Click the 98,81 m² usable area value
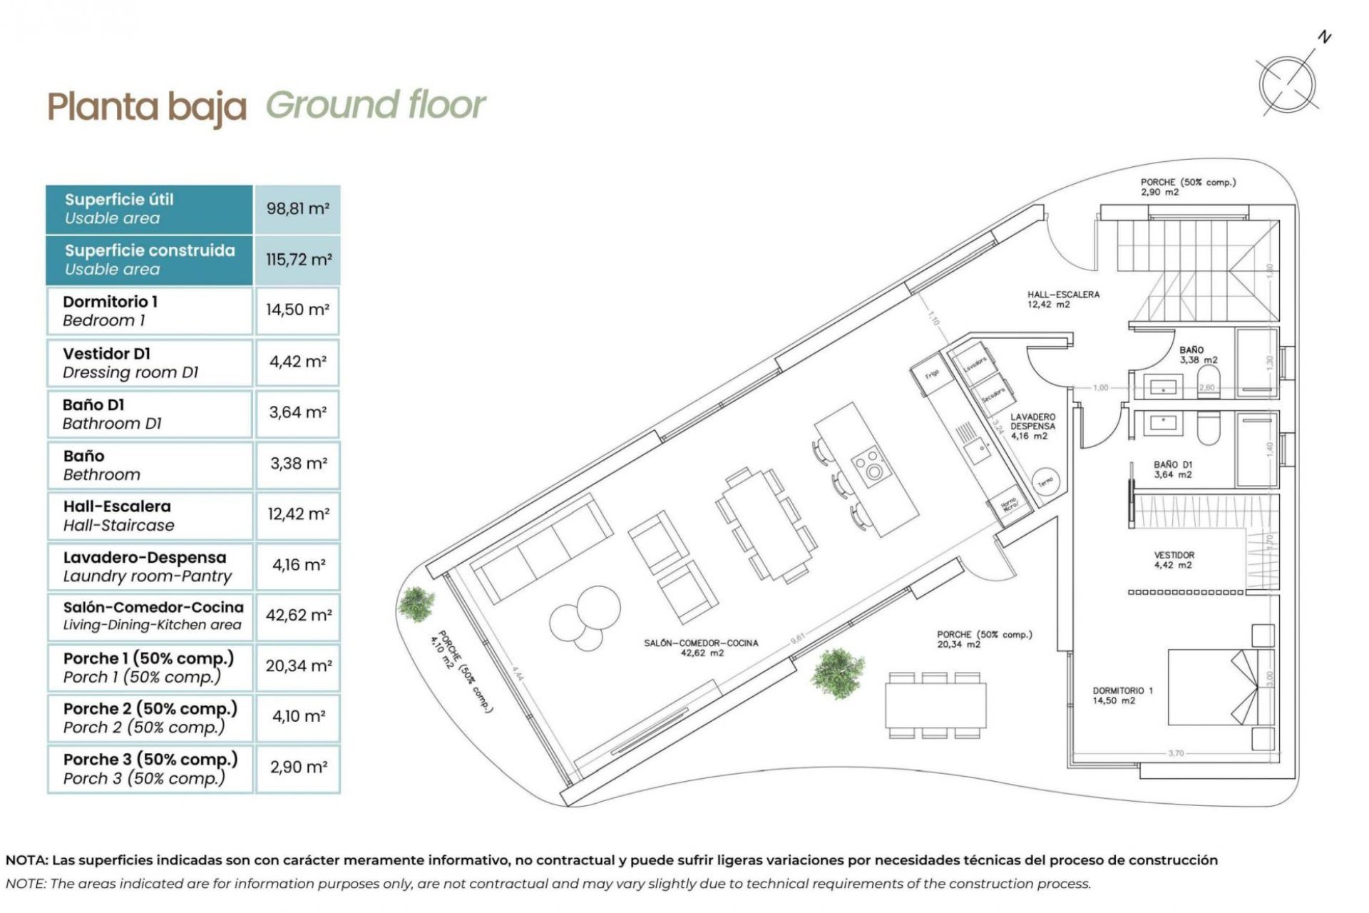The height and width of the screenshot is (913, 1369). pos(297,209)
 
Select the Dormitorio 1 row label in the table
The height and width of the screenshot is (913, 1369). pos(110,302)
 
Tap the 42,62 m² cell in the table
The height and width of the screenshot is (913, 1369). pos(298,615)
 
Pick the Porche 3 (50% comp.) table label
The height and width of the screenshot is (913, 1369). pos(150,760)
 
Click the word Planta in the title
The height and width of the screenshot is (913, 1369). pos(103,107)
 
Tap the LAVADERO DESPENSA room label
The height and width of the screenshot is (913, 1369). pos(1032,426)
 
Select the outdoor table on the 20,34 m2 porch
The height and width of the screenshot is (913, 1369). pos(935,705)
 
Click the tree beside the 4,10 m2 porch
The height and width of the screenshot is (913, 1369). pos(416,603)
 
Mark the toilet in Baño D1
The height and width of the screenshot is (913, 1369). pos(1208,428)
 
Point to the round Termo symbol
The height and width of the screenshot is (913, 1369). pos(1045,482)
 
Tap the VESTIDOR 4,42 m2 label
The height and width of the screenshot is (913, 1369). pos(1174,560)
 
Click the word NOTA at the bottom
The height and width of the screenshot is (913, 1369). pos(26,860)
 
